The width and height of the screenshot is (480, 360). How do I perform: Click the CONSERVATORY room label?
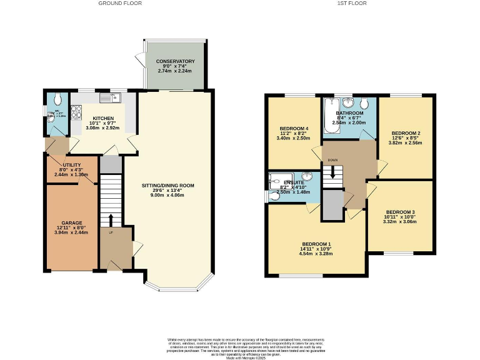click(x=176, y=61)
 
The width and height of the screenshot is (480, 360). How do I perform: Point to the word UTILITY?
click(x=72, y=164)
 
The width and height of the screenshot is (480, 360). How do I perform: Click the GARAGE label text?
click(x=72, y=222)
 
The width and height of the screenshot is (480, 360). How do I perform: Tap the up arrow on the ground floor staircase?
click(x=111, y=220)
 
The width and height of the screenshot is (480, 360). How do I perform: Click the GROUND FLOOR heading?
click(x=120, y=4)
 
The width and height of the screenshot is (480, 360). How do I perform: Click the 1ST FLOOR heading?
click(x=352, y=4)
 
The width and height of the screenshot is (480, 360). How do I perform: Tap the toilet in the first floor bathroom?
click(x=364, y=104)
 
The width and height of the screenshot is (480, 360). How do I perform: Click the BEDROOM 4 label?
click(x=292, y=127)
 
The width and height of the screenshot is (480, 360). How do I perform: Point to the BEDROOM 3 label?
click(x=401, y=211)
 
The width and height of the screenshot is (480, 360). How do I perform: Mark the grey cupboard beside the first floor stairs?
click(x=332, y=205)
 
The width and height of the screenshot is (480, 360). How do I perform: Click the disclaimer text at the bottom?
click(x=239, y=347)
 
